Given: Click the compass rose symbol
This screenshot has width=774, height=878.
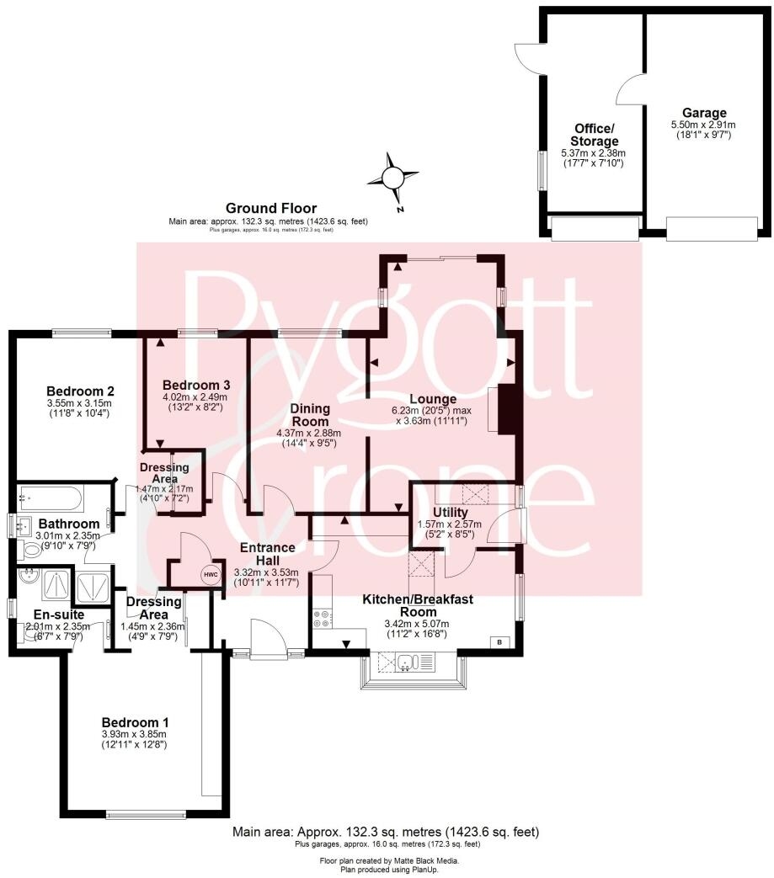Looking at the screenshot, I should coord(392,178).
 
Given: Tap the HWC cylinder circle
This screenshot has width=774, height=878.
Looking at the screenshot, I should coord(208,574).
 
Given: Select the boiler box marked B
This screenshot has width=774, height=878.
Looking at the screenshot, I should coord(500,642).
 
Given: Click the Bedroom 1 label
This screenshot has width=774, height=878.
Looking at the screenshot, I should coord(136,722).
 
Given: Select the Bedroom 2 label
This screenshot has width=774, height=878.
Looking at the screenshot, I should coord(80,391).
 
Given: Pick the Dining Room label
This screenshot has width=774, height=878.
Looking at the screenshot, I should coord(311,414).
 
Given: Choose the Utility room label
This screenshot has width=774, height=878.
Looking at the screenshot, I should coord(451,512).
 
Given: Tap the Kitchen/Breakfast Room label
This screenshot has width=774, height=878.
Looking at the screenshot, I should coord(418,605).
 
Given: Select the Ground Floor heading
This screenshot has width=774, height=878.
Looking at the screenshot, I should coord(270,208).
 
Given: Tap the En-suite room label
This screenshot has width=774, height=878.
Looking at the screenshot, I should coord(55,614).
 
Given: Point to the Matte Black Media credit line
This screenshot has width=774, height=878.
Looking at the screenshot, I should coord(388,861).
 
